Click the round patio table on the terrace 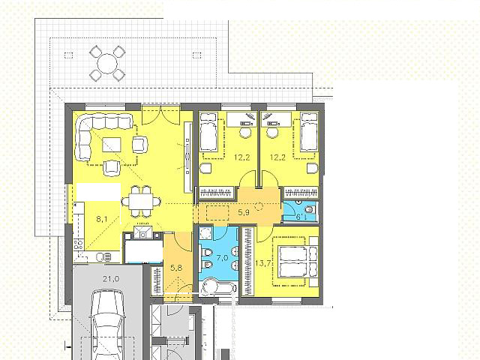pyautogui.click(x=107, y=64)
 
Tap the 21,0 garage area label pyautogui.click(x=111, y=279)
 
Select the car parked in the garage pyautogui.click(x=107, y=325)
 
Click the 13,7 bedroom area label pyautogui.click(x=263, y=263)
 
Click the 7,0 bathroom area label pyautogui.click(x=222, y=258)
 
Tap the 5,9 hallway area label pyautogui.click(x=244, y=212)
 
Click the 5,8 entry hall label pyautogui.click(x=176, y=268)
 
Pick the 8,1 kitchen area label pyautogui.click(x=102, y=219)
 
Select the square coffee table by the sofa pyautogui.click(x=112, y=145)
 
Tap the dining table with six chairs pyautogui.click(x=141, y=202)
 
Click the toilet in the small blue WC pyautogui.click(x=310, y=210)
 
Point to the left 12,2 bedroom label pyautogui.click(x=241, y=157)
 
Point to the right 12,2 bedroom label pyautogui.click(x=277, y=157)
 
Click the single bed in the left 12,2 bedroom pyautogui.click(x=208, y=132)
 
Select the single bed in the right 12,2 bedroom pyautogui.click(x=309, y=132)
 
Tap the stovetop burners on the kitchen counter pyautogui.click(x=78, y=244)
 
